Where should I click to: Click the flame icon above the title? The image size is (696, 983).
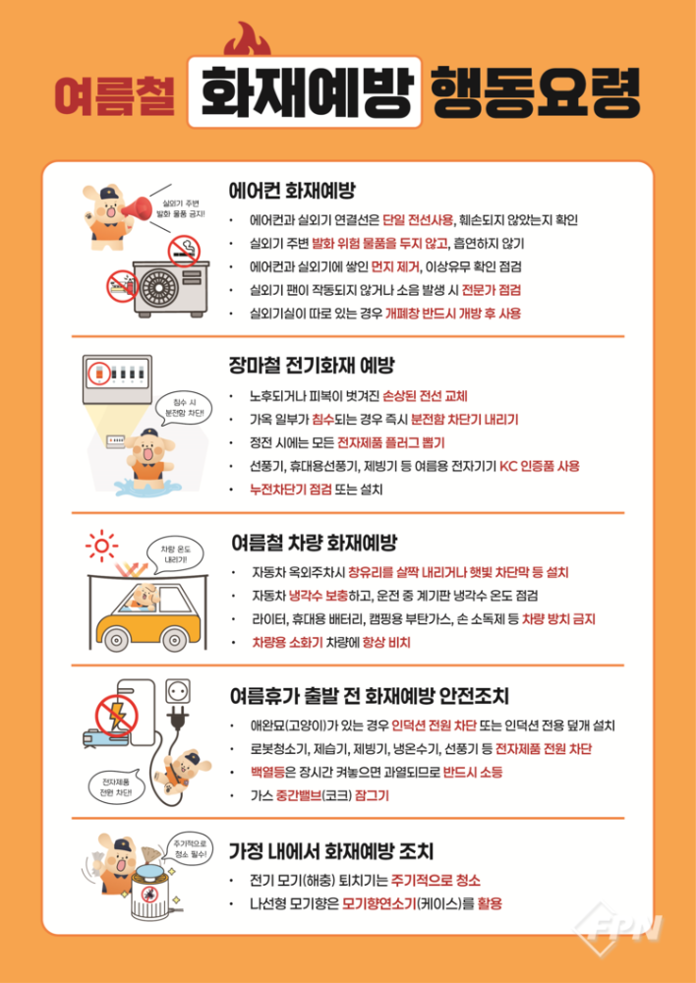click(243, 42)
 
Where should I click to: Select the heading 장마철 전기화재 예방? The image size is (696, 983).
click(312, 366)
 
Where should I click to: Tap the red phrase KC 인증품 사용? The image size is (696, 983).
click(540, 466)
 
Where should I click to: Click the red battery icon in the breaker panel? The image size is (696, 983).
click(99, 375)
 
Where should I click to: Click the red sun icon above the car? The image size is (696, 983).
click(100, 544)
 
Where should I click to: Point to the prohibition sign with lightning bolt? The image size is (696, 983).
click(116, 715)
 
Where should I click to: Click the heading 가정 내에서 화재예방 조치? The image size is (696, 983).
click(331, 850)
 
